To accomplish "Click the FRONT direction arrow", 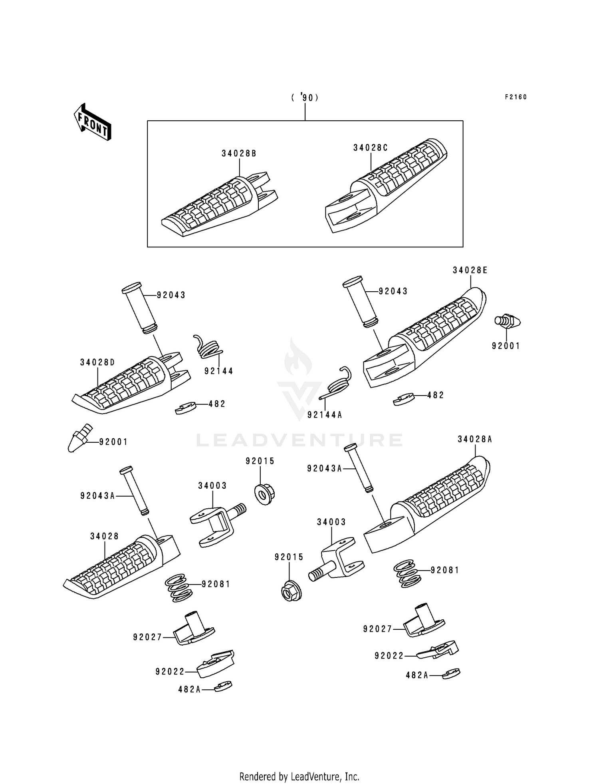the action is coord(92,121).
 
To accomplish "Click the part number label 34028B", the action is coord(239,153).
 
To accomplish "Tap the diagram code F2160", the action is coord(516,97).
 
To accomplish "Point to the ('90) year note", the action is coord(305,98).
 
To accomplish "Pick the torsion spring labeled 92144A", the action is coord(336,383).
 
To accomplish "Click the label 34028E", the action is coord(470,270).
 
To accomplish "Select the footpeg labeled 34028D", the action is coord(131,382).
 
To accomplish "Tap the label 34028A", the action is coord(475,439).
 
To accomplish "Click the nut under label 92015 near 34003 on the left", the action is coord(262,494).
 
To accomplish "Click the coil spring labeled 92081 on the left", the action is coord(178,588).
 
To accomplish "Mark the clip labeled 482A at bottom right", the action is coord(451,674).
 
